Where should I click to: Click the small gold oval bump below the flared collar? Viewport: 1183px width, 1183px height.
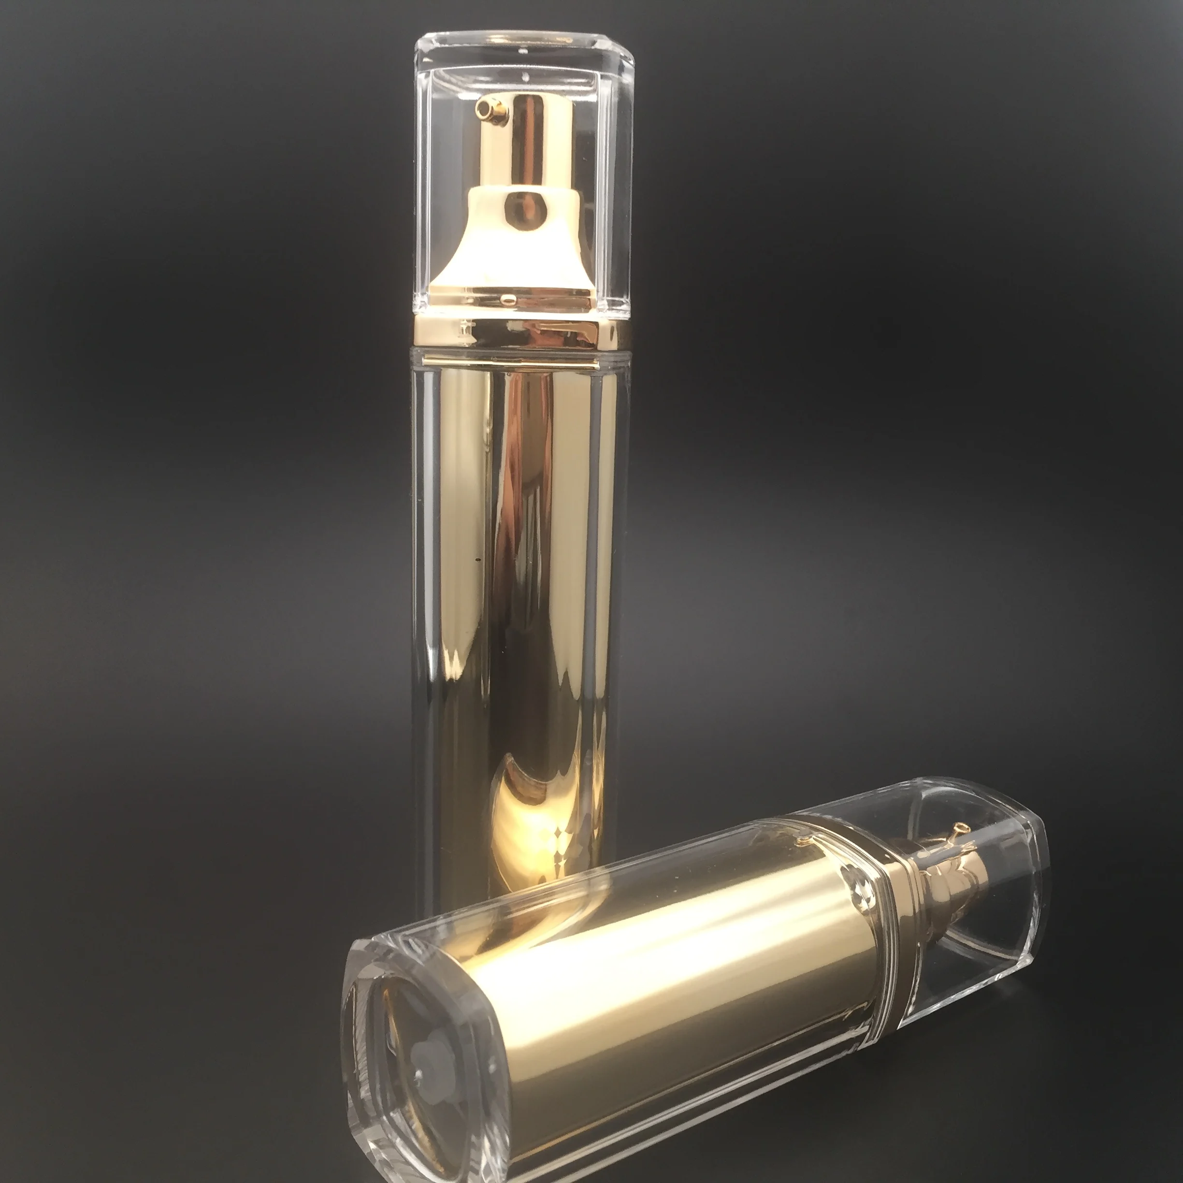(507, 298)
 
